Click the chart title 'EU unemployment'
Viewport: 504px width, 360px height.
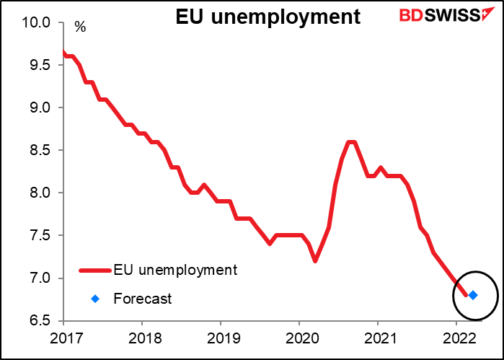point(268,17)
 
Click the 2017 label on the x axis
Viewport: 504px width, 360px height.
point(63,336)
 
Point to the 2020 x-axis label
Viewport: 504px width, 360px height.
point(298,336)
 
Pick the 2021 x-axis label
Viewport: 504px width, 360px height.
point(376,336)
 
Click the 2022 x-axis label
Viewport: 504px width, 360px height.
point(454,336)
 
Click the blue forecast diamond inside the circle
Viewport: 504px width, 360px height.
point(473,295)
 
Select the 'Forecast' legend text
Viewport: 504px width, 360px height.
point(143,298)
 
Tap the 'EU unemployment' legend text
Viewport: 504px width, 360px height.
point(175,271)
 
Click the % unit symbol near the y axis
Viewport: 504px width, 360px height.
point(80,28)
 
